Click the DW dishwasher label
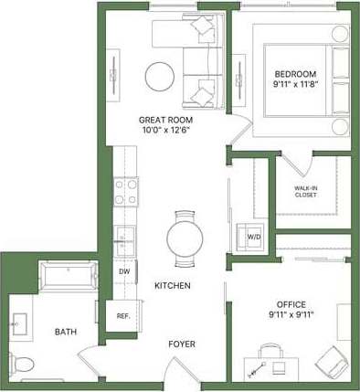[x=122, y=270]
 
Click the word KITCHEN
[x=172, y=286]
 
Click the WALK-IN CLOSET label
[x=306, y=193]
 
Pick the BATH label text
[x=65, y=332]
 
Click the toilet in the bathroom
[x=21, y=364]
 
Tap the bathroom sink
[x=20, y=323]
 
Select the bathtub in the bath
[x=67, y=276]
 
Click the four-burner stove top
[x=125, y=193]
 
